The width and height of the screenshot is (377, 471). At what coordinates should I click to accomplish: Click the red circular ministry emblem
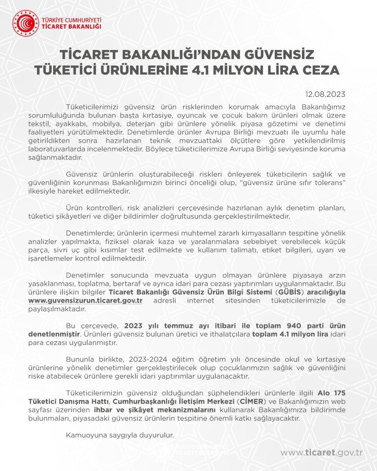coord(25,23)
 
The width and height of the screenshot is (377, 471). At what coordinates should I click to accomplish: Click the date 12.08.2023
coord(325,94)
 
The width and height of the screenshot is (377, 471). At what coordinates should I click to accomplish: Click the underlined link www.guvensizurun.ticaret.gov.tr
coord(85,300)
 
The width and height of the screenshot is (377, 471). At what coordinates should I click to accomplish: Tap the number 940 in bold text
coord(294,326)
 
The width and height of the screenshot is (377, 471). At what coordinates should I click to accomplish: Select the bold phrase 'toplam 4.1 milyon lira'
coord(290,334)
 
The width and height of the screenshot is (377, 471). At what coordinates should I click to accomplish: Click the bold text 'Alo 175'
coord(331,393)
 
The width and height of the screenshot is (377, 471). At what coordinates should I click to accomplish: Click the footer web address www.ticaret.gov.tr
coord(321,452)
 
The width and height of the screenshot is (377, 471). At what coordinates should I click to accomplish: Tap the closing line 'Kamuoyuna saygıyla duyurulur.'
coord(120,435)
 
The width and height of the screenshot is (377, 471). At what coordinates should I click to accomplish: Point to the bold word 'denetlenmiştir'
coord(54,334)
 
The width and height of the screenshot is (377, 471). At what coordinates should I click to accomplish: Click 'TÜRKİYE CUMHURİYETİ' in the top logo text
coord(72,20)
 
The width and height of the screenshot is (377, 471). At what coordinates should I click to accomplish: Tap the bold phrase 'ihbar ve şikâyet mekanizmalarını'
coord(155,410)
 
